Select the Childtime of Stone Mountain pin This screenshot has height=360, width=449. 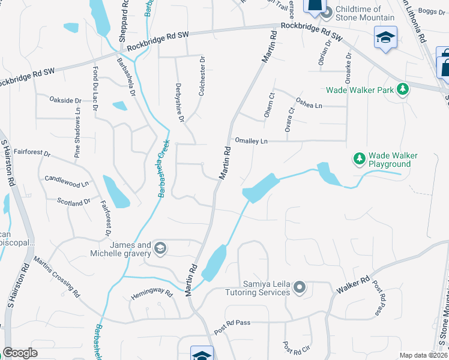pos(327,12)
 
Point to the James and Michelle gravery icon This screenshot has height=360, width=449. pos(160,248)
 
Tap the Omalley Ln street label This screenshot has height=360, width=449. pos(251,141)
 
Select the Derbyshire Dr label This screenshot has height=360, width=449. pos(180,103)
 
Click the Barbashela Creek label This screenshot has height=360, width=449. pos(163,169)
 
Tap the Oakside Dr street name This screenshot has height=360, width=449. pos(65,100)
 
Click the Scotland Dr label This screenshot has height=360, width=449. pos(73,202)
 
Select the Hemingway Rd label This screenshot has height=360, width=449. pos(152,295)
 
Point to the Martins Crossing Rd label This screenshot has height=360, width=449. pos(56,277)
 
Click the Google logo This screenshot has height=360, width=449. pos(20,353)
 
